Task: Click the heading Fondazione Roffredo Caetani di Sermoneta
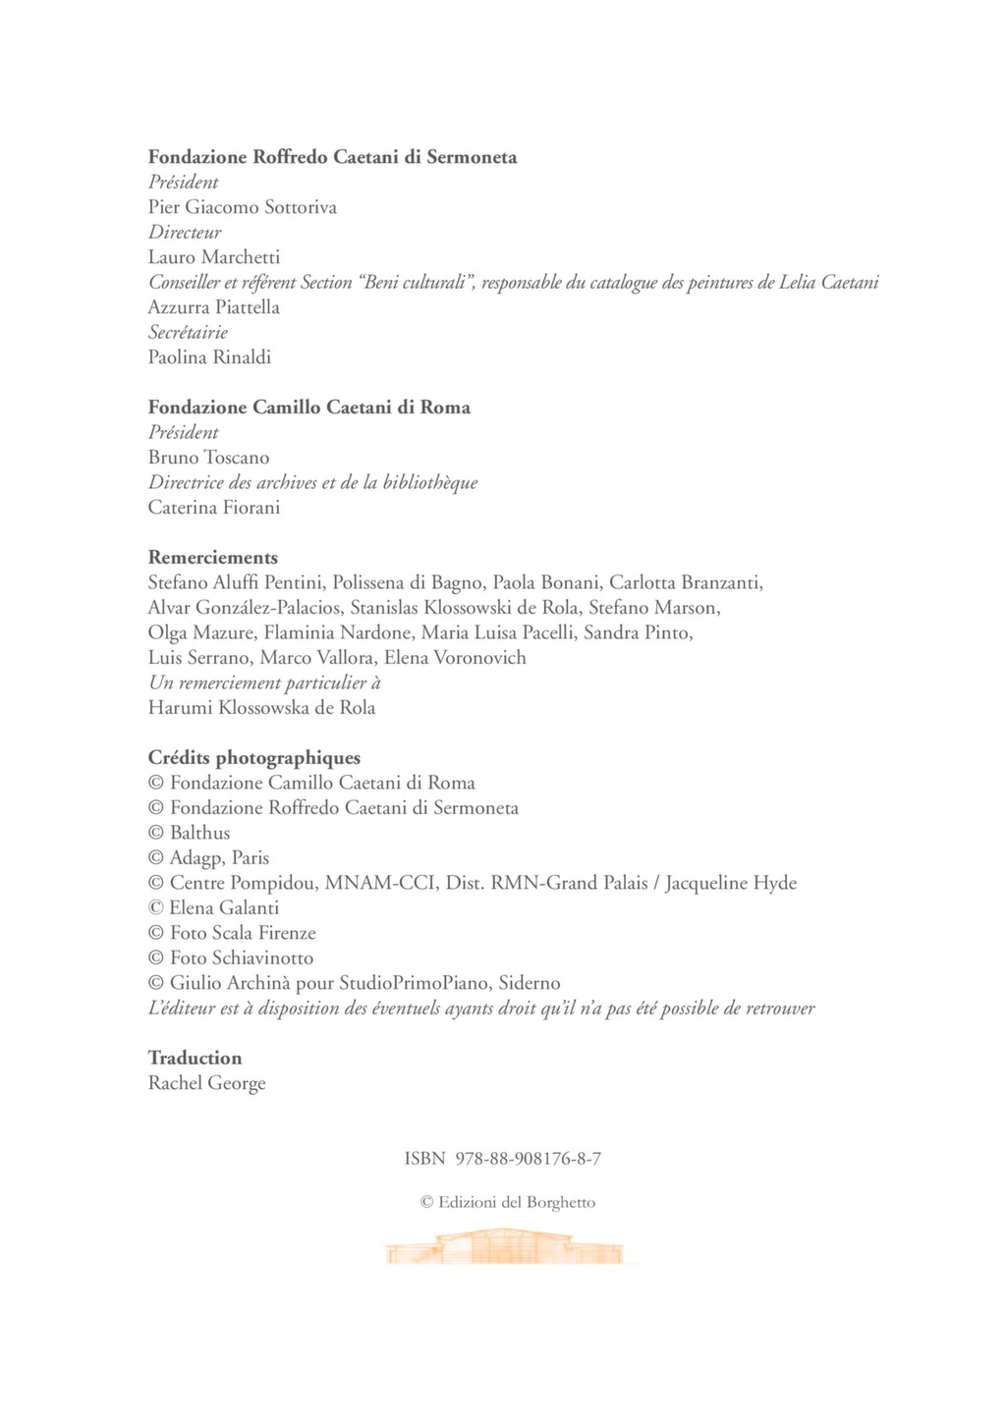tap(332, 157)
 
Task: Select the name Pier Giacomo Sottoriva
tap(242, 207)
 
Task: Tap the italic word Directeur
tap(185, 233)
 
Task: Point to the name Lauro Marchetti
tap(214, 257)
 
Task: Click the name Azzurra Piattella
tap(214, 307)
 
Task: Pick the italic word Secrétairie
tap(188, 333)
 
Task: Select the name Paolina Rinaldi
tap(209, 357)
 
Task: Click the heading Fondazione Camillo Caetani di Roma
tap(308, 408)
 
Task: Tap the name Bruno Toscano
tap(208, 458)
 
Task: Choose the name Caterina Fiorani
tap(214, 508)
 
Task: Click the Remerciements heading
tap(213, 558)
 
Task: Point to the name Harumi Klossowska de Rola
tap(261, 708)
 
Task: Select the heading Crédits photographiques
tap(254, 758)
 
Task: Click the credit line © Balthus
tap(189, 833)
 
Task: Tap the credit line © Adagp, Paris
tap(208, 858)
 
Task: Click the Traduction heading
tap(195, 1059)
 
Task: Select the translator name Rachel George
tap(206, 1083)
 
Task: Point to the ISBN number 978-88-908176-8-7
tap(529, 1159)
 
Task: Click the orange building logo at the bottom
tap(503, 1247)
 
